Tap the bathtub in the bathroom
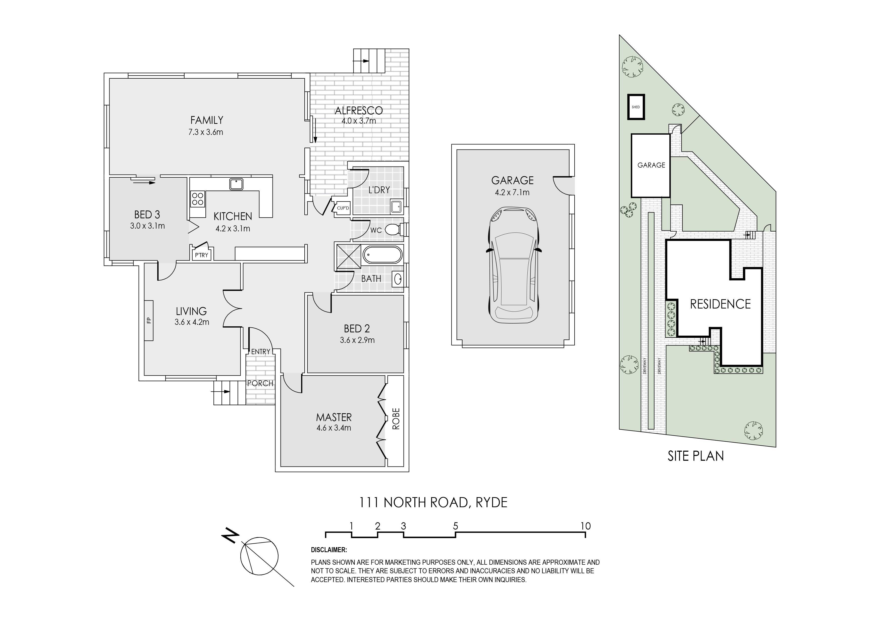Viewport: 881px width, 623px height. [x=382, y=255]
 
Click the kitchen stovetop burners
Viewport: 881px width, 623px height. [x=198, y=199]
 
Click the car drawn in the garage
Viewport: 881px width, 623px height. [x=513, y=265]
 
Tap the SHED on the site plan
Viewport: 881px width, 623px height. [x=636, y=107]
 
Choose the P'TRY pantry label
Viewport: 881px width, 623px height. [x=201, y=255]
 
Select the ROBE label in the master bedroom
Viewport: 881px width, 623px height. [x=396, y=419]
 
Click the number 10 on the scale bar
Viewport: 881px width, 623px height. [x=586, y=526]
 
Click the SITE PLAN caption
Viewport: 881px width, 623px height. [x=696, y=456]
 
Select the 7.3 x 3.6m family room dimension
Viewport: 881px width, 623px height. [x=206, y=132]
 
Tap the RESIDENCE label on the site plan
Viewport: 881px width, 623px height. [x=720, y=304]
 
